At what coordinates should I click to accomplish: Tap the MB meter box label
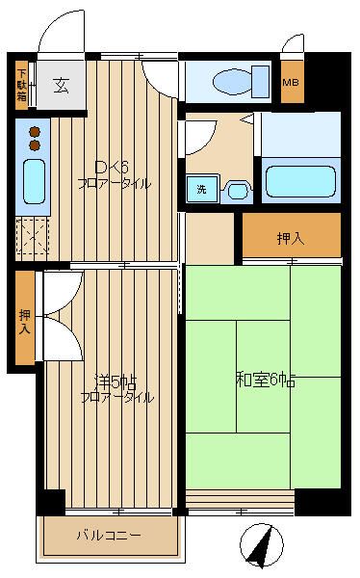click(x=291, y=82)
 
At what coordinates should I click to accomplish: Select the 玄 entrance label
click(x=62, y=86)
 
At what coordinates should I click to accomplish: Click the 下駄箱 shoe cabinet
click(x=22, y=85)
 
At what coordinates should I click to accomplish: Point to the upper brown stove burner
click(x=35, y=132)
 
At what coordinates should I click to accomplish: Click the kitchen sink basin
click(x=35, y=182)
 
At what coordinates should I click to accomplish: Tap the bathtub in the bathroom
click(x=300, y=181)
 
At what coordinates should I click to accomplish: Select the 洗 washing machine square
click(x=202, y=189)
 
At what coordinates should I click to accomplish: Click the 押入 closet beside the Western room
click(x=25, y=317)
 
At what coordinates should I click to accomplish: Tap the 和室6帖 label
click(x=266, y=381)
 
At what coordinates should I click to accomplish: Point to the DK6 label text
click(x=112, y=168)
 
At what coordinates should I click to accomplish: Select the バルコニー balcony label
click(x=109, y=535)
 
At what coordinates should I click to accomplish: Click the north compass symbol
click(x=262, y=546)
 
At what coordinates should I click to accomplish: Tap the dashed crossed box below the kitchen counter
click(x=32, y=235)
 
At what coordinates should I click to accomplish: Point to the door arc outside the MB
click(x=293, y=42)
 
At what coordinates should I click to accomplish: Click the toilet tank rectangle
click(x=261, y=82)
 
